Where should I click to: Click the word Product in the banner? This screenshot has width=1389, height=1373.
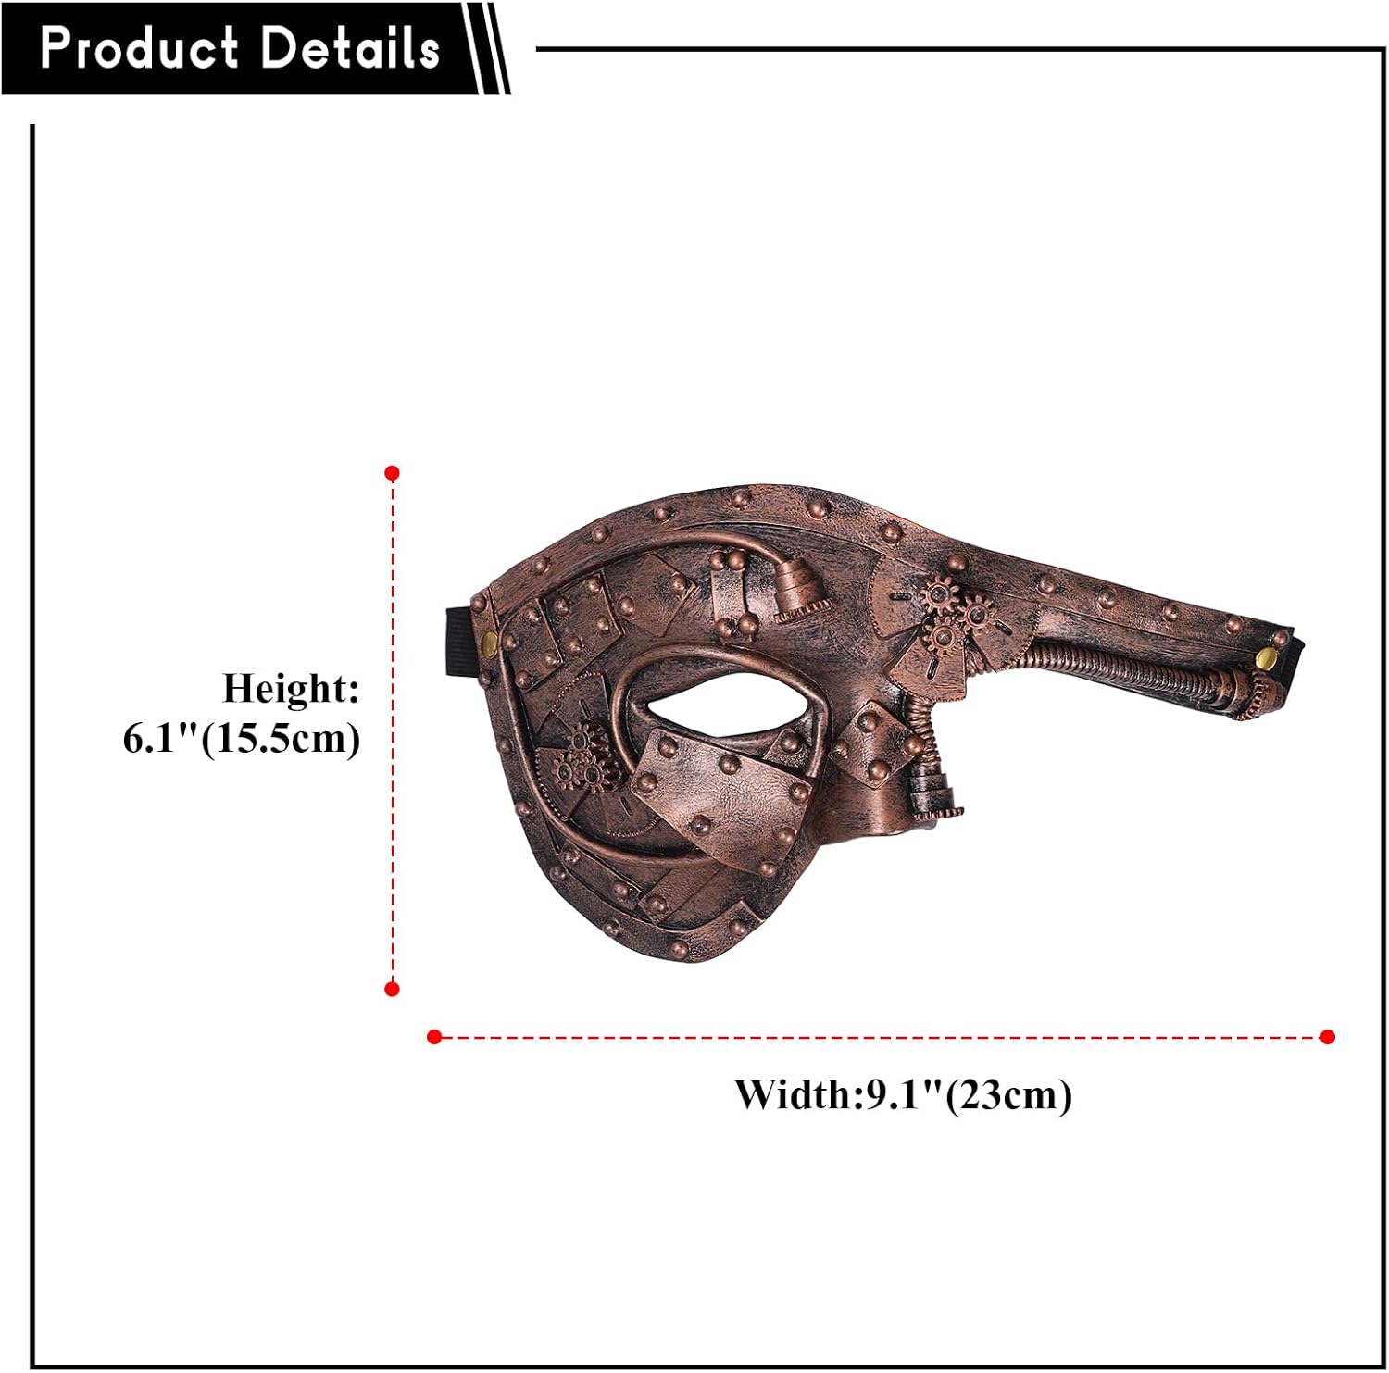[139, 48]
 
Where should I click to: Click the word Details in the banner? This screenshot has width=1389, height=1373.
[350, 48]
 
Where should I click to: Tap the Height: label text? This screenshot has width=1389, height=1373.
[291, 689]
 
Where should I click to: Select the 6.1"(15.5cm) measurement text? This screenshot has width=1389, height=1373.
[242, 739]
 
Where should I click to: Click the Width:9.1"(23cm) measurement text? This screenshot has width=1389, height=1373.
[904, 1095]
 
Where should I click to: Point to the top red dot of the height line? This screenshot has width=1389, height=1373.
[392, 473]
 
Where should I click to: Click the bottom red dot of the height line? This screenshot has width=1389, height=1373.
[392, 989]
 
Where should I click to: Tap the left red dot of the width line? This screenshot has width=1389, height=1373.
[434, 1037]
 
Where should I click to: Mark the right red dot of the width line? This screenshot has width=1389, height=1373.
[1328, 1037]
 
